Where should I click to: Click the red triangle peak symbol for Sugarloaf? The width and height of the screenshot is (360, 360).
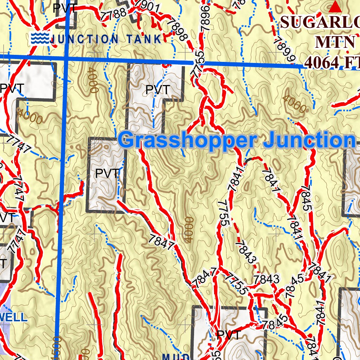click(x=336, y=6)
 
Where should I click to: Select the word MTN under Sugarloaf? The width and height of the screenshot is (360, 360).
click(x=334, y=42)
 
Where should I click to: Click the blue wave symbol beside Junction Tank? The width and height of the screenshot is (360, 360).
click(x=39, y=38)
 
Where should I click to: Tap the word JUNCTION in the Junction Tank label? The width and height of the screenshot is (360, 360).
click(x=84, y=39)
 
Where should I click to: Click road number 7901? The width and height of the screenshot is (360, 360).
click(x=148, y=7)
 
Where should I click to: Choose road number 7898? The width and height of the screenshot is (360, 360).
click(x=176, y=30)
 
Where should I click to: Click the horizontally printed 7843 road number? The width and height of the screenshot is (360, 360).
click(x=267, y=279)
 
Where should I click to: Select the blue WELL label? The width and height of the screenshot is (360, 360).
click(x=13, y=317)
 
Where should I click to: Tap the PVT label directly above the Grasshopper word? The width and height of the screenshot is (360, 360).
click(x=158, y=90)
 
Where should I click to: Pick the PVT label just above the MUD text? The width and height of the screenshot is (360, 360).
click(x=229, y=335)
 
